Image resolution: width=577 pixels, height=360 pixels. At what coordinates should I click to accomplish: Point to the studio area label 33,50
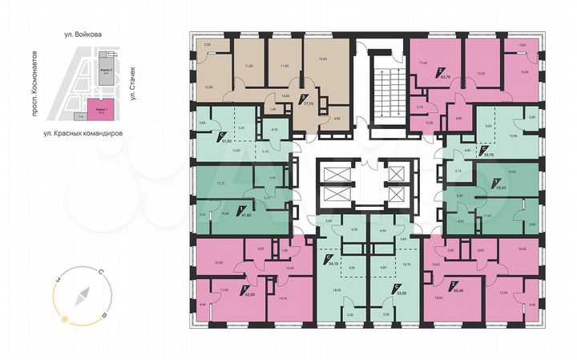pos(392,293)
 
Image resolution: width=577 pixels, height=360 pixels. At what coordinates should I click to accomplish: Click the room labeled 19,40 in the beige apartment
pos(324,59)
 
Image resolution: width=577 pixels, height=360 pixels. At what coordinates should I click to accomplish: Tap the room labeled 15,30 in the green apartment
pos(490,172)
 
